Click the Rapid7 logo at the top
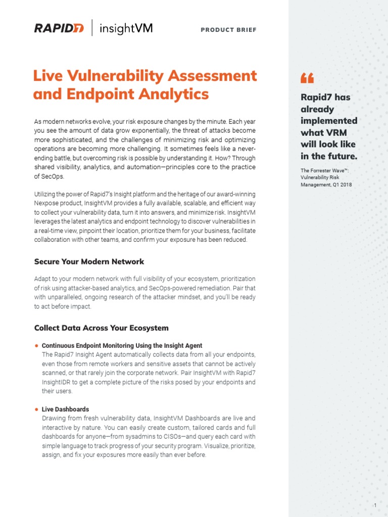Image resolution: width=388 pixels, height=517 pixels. click(x=59, y=29)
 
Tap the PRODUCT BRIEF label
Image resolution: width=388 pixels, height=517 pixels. click(x=228, y=30)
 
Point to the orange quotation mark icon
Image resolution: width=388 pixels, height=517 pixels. click(x=307, y=78)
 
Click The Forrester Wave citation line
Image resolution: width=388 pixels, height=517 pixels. click(x=324, y=171)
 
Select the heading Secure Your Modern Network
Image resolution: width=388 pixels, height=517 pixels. click(x=89, y=262)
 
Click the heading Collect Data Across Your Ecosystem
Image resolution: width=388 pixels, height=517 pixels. click(x=101, y=328)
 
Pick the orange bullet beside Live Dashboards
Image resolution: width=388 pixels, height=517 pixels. click(x=36, y=409)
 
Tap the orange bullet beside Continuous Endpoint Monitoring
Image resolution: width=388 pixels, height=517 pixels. click(x=36, y=346)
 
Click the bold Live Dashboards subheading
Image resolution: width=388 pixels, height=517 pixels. click(x=65, y=409)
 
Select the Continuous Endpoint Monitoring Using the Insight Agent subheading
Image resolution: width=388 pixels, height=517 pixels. click(x=122, y=346)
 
